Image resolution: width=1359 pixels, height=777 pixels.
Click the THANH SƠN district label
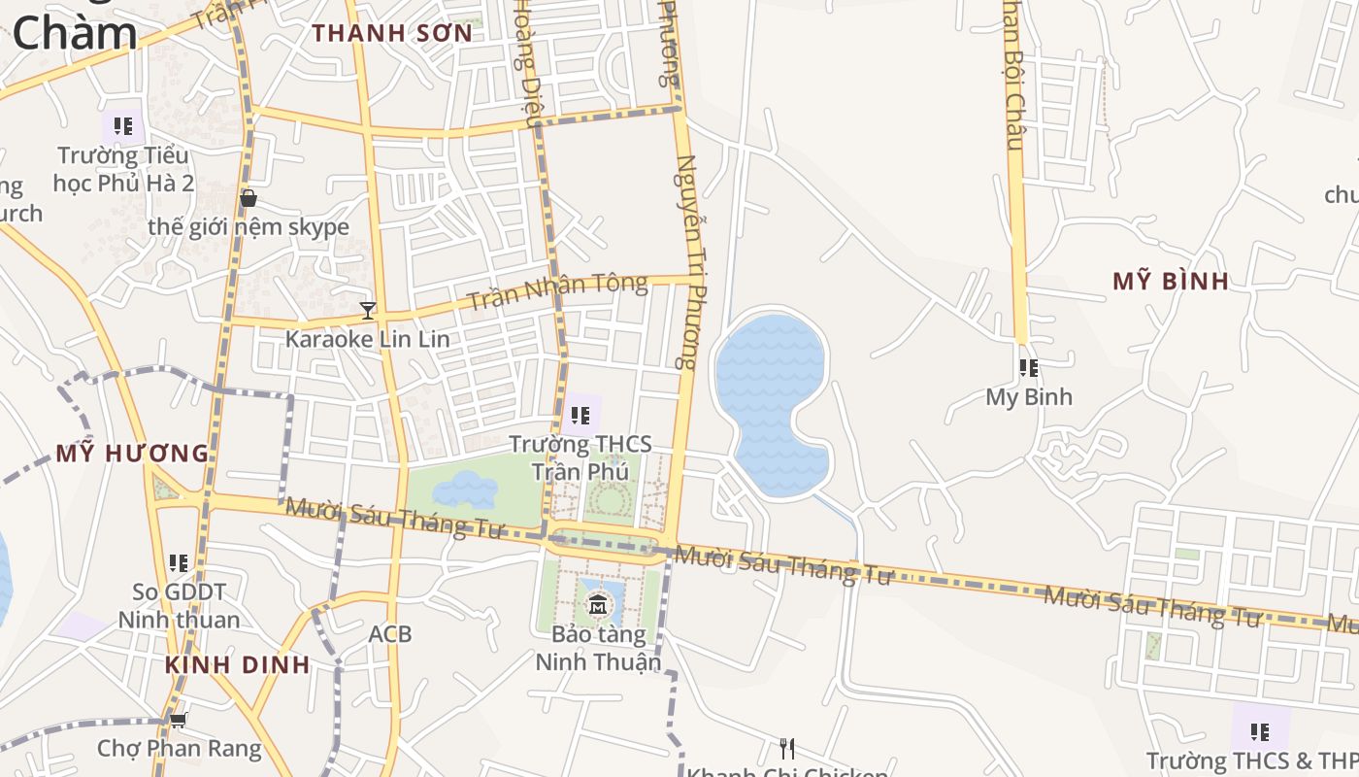[x=392, y=33]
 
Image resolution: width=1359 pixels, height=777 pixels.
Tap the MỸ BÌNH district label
[x=1171, y=282]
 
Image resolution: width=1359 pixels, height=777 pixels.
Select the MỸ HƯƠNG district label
[x=132, y=453]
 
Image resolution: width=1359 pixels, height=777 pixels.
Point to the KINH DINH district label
[x=237, y=665]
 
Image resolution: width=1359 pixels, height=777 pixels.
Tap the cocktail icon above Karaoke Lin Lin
[x=368, y=311]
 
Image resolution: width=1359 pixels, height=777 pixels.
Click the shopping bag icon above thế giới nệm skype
[x=249, y=198]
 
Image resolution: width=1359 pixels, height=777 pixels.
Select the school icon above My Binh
[x=1029, y=368]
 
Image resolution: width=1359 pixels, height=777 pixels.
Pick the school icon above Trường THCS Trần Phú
[x=580, y=416]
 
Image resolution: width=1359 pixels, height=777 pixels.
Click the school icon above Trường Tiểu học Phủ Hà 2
[x=123, y=126]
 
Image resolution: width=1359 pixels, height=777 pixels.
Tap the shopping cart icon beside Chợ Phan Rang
[x=178, y=721]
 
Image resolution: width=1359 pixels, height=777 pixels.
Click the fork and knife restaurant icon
[x=787, y=748]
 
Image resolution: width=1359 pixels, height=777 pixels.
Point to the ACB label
[x=390, y=634]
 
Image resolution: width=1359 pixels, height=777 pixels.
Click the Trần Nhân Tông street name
[x=556, y=291]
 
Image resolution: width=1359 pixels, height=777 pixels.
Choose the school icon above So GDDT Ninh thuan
[x=179, y=562]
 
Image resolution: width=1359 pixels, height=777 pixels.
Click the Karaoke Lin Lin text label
[x=367, y=339]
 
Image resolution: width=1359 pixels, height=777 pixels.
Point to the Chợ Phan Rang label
[x=180, y=749]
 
